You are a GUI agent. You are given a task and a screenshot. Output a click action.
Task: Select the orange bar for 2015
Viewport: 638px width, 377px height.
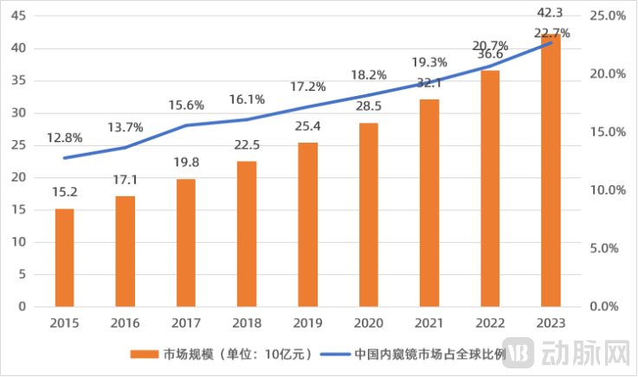pyautogui.click(x=65, y=258)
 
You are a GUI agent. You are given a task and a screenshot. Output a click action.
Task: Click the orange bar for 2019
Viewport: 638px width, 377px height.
pyautogui.click(x=307, y=225)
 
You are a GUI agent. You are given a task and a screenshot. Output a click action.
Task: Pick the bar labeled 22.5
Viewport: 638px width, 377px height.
pyautogui.click(x=247, y=233)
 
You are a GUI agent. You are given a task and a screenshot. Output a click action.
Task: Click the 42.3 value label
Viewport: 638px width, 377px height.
pyautogui.click(x=550, y=13)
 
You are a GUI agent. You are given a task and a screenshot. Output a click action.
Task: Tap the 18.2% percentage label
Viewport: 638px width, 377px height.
pyautogui.click(x=368, y=74)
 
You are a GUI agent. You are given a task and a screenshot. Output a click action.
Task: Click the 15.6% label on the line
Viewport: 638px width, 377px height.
pyautogui.click(x=186, y=105)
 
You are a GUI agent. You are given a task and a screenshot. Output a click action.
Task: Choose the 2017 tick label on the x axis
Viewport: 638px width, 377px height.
pyautogui.click(x=186, y=323)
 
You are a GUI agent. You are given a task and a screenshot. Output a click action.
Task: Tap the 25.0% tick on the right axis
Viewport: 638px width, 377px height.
pyautogui.click(x=606, y=16)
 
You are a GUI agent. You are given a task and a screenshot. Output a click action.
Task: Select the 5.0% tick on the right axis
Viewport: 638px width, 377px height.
pyautogui.click(x=606, y=248)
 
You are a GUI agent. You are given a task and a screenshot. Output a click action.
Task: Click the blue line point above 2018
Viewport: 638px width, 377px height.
pyautogui.click(x=247, y=119)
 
